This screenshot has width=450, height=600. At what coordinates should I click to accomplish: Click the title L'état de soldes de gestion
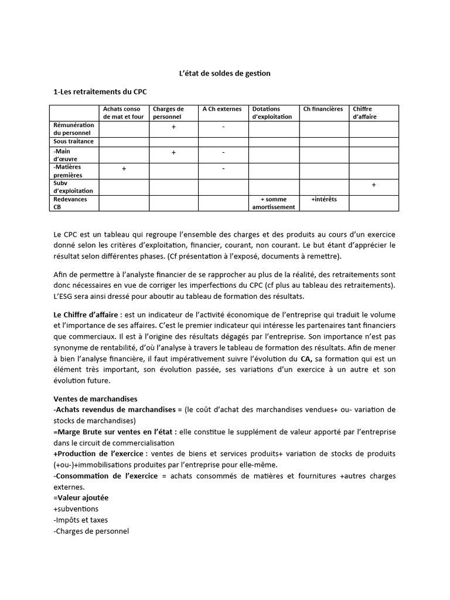(x=224, y=74)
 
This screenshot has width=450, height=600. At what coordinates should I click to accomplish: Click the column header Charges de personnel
(x=168, y=112)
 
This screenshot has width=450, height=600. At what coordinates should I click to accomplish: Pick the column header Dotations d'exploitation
(x=272, y=112)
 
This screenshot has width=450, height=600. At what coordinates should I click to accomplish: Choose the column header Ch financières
(x=323, y=109)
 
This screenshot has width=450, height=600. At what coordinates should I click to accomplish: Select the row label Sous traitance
(x=74, y=142)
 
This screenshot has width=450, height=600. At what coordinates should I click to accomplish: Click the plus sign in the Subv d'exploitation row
(x=374, y=185)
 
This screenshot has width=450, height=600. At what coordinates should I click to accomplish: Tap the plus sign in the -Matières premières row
(x=124, y=169)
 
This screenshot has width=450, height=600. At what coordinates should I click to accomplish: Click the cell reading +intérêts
(x=323, y=199)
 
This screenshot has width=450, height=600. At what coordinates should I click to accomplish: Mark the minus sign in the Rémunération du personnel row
(x=224, y=127)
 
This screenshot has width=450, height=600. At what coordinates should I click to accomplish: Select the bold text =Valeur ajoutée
(x=80, y=497)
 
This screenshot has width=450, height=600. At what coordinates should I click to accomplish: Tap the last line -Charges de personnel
(x=91, y=531)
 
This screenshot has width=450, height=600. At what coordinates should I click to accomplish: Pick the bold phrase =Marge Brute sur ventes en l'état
(x=114, y=431)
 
